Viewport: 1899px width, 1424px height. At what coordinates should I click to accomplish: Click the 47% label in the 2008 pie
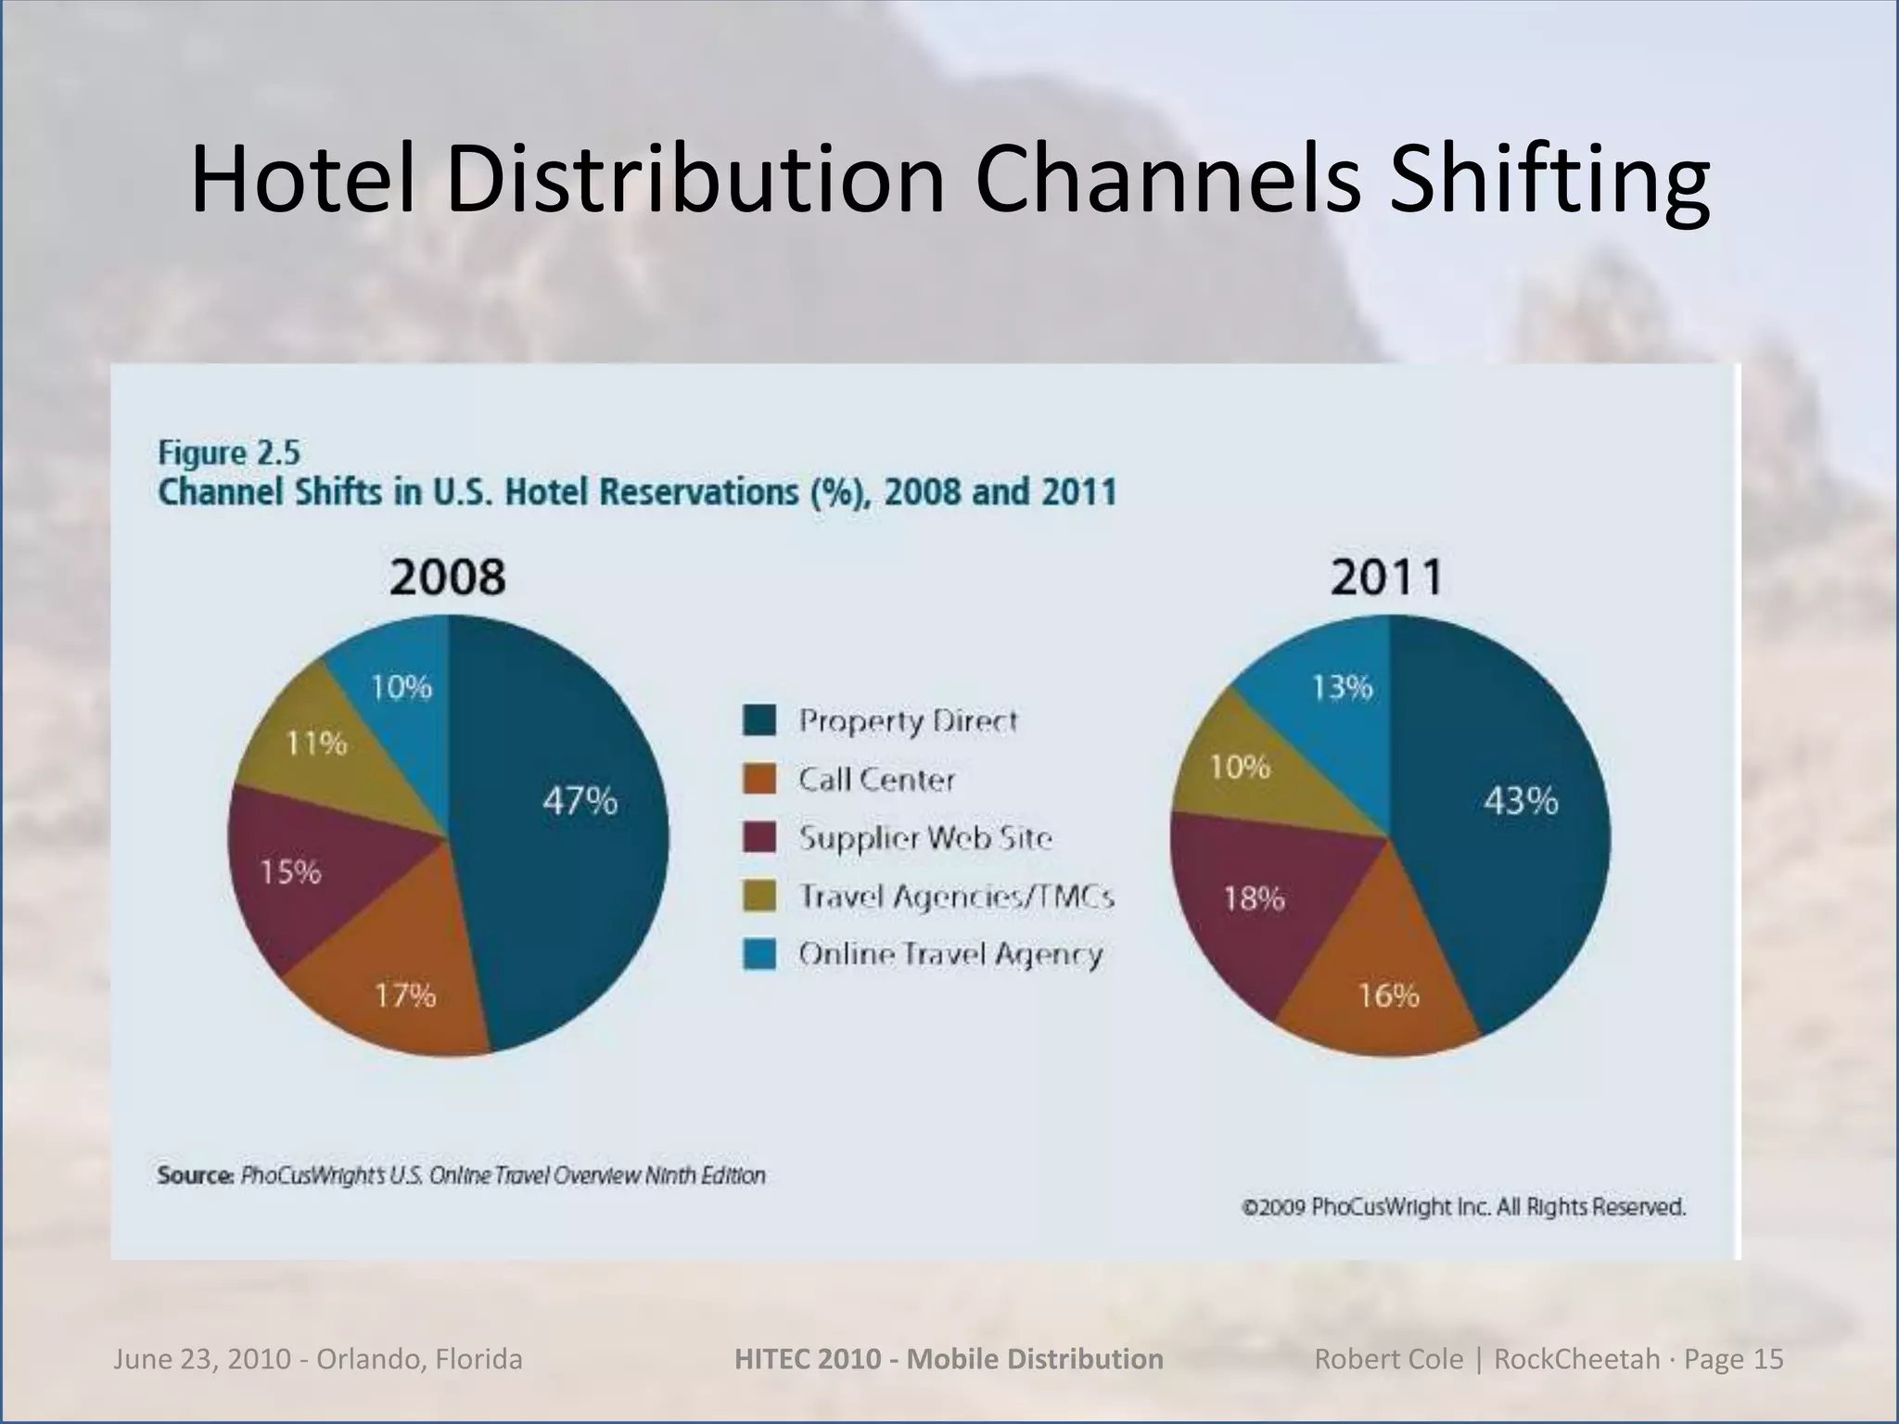580,800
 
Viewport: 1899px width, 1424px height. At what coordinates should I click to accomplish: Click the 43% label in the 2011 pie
1521,800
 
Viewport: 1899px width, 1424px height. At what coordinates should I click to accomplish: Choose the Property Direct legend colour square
758,720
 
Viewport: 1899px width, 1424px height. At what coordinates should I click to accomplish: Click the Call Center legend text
876,780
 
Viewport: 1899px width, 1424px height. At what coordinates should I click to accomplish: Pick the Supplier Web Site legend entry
924,838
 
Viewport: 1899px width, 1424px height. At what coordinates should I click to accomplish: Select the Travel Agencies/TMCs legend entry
955,896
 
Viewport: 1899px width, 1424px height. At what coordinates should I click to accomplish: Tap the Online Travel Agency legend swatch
758,955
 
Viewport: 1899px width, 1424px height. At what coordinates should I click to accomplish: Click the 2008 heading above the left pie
448,577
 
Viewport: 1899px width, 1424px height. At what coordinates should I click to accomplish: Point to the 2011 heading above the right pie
1386,577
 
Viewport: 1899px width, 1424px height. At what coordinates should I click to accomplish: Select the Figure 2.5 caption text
229,453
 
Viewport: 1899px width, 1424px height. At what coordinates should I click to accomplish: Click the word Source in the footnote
195,1176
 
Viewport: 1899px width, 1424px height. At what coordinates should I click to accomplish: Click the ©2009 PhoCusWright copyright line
1463,1207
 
